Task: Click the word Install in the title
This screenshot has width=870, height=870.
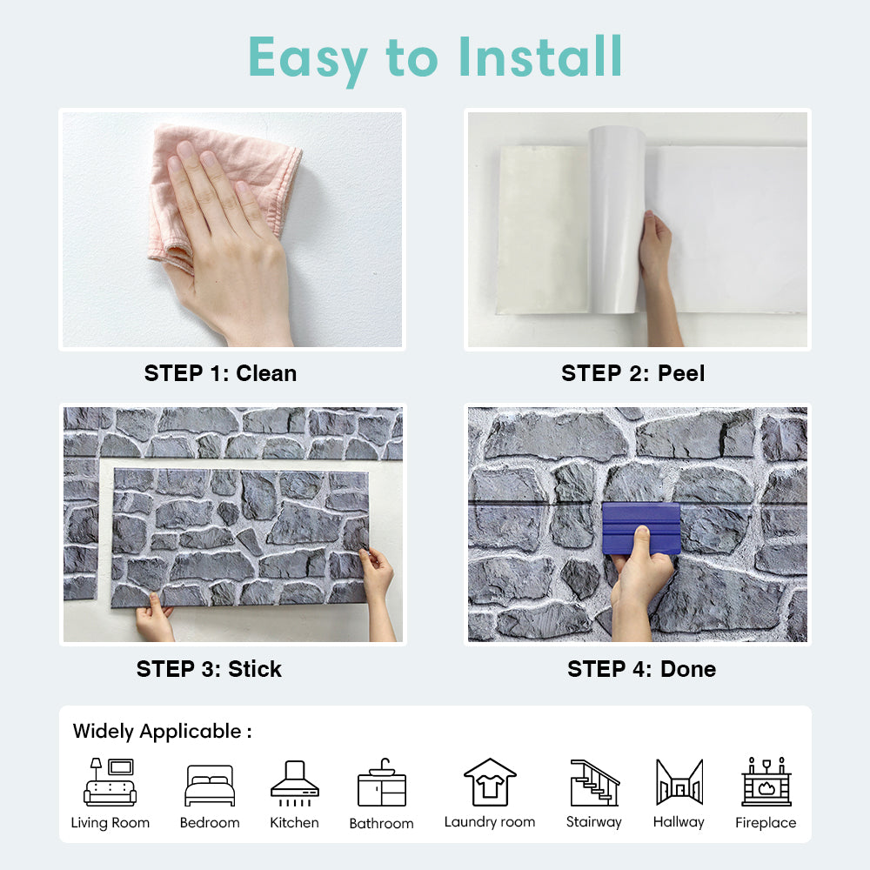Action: coord(540,57)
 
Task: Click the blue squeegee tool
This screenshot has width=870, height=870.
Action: coord(641,528)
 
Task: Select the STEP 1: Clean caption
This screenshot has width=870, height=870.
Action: coord(220,373)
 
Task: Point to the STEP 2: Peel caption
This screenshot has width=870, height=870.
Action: coord(633,373)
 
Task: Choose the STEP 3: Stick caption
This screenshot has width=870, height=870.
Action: coord(209,669)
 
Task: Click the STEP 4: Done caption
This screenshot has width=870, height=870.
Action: coord(641,669)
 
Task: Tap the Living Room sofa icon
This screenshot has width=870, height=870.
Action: coord(110,782)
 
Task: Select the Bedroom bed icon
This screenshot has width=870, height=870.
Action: coord(210,785)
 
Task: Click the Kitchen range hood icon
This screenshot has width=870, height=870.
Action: coord(295,783)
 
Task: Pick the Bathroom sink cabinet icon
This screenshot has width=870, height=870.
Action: coord(382,782)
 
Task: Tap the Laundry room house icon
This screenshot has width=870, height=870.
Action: coord(490,782)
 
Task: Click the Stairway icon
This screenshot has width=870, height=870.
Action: coord(595,782)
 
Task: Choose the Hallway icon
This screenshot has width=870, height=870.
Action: coord(679,782)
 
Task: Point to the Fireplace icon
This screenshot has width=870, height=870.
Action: coord(766,781)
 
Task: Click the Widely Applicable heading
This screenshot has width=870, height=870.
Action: coord(162,732)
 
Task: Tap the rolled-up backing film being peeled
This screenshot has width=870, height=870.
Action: coord(616,219)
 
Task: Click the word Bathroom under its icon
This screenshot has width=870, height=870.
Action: coord(382,823)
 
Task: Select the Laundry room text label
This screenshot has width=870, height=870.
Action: coord(490,822)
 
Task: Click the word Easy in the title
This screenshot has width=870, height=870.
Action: coord(308,60)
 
